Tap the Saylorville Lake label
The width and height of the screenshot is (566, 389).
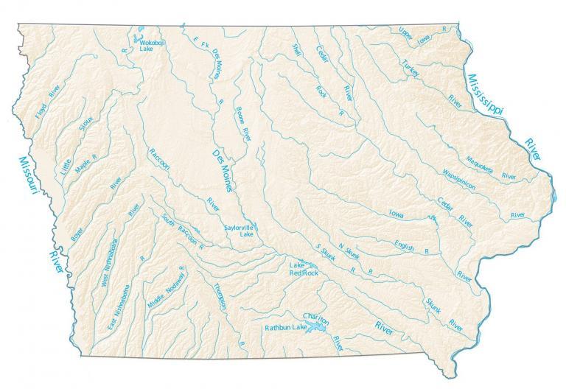click(240, 231)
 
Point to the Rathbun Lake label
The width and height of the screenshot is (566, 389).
click(285, 326)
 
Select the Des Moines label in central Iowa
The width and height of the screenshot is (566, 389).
click(222, 169)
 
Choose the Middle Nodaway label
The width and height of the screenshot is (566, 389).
click(167, 287)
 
